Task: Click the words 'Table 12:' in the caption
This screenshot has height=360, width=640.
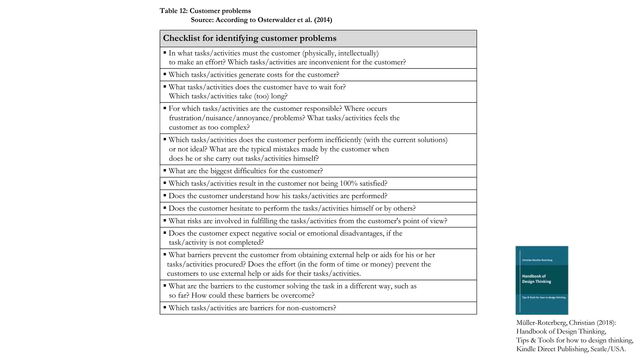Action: [173, 11]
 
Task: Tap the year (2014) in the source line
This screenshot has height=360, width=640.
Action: [323, 20]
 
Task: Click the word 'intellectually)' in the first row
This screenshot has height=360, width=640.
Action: [358, 53]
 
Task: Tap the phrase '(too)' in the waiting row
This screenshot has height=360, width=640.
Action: [261, 96]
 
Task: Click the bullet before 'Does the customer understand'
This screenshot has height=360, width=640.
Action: [165, 196]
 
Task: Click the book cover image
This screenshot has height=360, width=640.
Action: [542, 280]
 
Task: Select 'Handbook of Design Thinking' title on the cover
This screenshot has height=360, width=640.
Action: [536, 279]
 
